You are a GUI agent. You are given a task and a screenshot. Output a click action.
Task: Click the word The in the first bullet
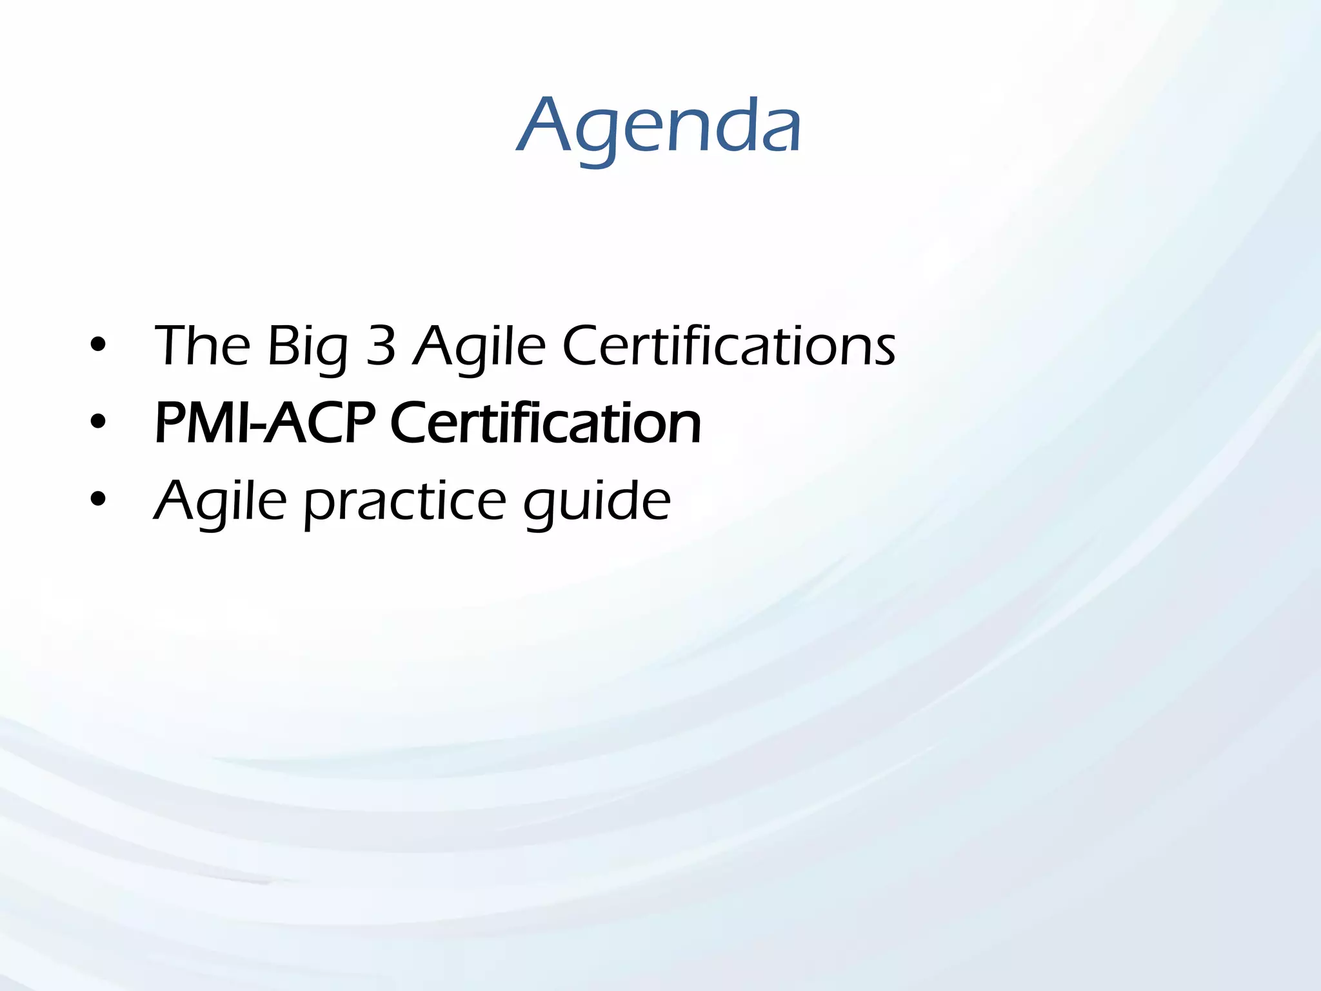coord(202,346)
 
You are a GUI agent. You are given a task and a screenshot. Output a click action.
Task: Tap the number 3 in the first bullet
coord(381,346)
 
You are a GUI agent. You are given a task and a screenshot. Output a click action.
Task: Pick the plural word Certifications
coord(729,346)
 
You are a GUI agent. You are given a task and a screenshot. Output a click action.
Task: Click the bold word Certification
coord(545,423)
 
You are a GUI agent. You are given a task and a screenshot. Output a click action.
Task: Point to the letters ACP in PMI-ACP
coord(319,423)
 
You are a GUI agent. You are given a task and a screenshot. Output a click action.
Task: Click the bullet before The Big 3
coord(98,346)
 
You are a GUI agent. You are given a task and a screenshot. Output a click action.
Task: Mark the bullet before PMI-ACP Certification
coord(98,423)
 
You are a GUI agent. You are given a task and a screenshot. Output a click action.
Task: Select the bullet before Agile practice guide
coord(98,500)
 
